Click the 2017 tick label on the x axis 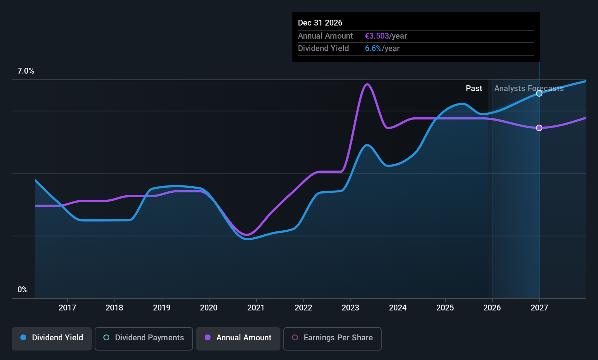point(67,308)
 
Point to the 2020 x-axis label point(209,308)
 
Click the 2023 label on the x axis point(350,308)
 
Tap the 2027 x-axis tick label point(539,308)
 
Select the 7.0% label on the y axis point(25,71)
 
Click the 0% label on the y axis point(23,290)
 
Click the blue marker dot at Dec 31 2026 point(539,94)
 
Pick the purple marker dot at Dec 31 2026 point(539,128)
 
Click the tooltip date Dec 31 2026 point(320,23)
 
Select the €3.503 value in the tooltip point(377,36)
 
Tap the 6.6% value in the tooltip point(373,48)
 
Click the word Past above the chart point(474,89)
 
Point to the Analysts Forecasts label point(528,89)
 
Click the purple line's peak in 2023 point(367,84)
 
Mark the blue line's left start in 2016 point(35,180)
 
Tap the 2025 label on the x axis point(445,308)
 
